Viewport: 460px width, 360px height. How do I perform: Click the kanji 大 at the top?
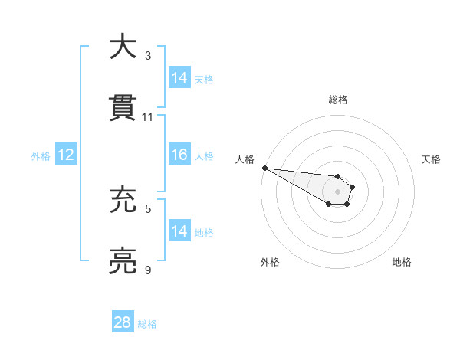click(x=123, y=47)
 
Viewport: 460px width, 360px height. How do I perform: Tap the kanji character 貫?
click(x=123, y=107)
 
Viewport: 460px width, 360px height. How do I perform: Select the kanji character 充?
click(x=123, y=201)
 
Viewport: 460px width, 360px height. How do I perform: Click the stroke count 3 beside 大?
click(x=148, y=55)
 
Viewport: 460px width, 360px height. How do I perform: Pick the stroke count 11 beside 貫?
click(x=148, y=116)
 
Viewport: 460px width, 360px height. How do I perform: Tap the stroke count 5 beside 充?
click(x=148, y=208)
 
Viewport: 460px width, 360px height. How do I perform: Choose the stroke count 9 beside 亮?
click(x=148, y=270)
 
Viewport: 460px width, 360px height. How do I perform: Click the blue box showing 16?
click(x=179, y=155)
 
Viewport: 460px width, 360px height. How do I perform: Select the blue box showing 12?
click(x=66, y=155)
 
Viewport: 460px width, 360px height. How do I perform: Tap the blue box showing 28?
click(x=123, y=322)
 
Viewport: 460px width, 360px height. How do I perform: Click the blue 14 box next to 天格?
click(x=179, y=78)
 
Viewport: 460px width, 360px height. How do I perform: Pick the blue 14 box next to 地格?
click(x=179, y=231)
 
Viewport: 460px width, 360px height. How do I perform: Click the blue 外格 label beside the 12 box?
click(x=41, y=155)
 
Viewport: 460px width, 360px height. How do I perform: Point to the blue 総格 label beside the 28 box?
click(x=147, y=324)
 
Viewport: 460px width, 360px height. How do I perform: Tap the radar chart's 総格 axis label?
click(x=338, y=100)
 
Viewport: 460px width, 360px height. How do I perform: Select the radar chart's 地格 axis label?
click(x=402, y=262)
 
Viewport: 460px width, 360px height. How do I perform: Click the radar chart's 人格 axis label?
click(x=245, y=159)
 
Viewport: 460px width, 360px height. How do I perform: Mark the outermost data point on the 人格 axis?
click(x=264, y=168)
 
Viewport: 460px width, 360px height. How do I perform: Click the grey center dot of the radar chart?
click(x=337, y=191)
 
